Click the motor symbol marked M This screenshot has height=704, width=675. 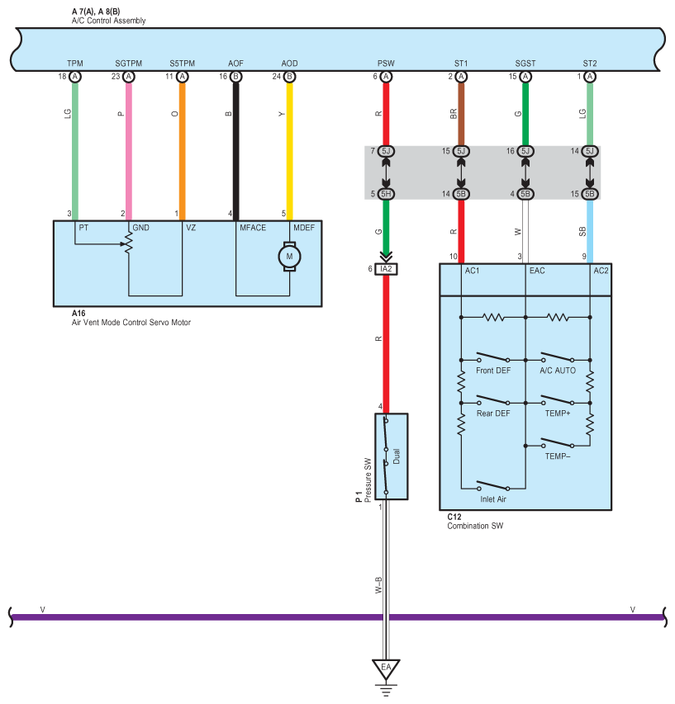(x=289, y=257)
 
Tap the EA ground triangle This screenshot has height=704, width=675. (x=386, y=669)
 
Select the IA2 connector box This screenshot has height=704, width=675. (x=386, y=269)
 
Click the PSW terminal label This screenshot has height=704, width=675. (x=386, y=64)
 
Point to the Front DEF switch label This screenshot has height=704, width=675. (x=493, y=371)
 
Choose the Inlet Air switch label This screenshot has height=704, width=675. (x=493, y=499)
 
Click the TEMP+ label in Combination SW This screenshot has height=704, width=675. (x=557, y=413)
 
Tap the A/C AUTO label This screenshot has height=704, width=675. (x=557, y=371)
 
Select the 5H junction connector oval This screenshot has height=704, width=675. (x=386, y=194)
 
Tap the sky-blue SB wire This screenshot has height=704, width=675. (x=590, y=232)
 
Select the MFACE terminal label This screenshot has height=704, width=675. (x=253, y=228)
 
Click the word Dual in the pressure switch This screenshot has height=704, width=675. (x=397, y=456)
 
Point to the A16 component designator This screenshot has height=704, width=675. (x=78, y=314)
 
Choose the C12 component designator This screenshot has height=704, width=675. (x=454, y=517)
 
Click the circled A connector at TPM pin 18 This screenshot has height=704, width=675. (x=75, y=77)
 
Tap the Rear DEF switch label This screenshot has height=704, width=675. (x=493, y=413)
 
